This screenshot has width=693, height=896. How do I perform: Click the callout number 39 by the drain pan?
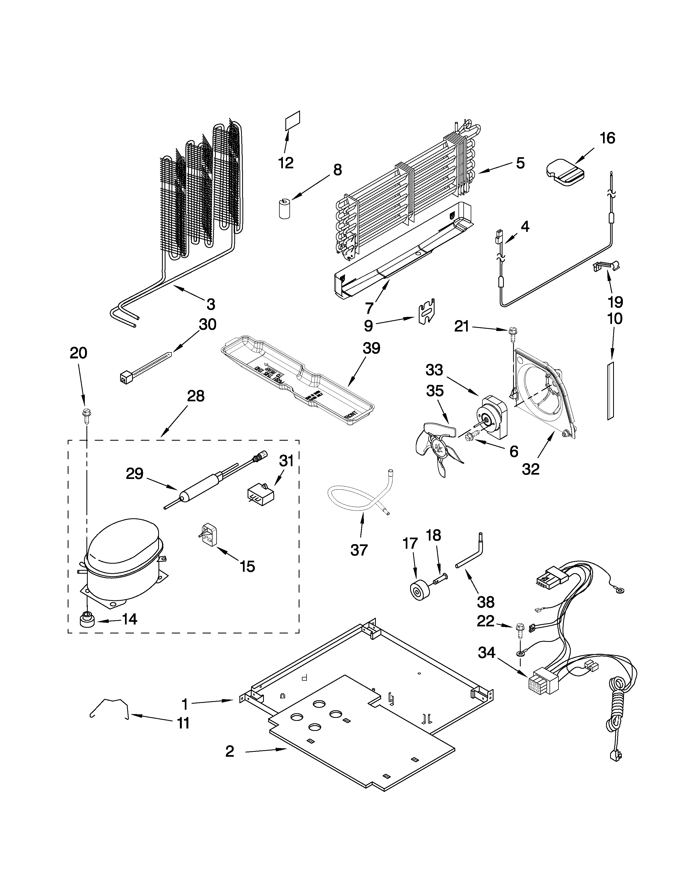(371, 348)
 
